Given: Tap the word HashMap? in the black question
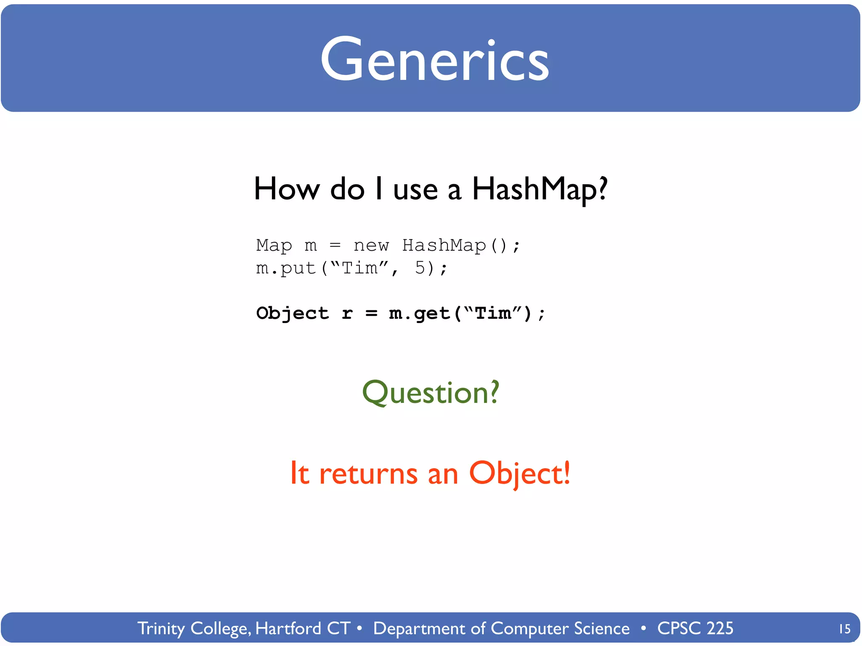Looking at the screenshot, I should (x=540, y=189).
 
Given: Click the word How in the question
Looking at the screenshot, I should (x=287, y=189).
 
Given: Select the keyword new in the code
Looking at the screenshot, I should (x=371, y=245).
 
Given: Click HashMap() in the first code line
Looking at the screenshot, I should (x=455, y=245).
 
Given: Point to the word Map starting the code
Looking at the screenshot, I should (x=274, y=245).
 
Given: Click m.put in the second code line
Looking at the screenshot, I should (x=286, y=268).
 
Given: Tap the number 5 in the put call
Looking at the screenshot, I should (x=420, y=268).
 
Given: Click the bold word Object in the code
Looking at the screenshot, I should (x=293, y=313).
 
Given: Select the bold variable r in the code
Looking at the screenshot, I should (x=347, y=314).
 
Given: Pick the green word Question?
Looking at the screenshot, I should (x=431, y=392).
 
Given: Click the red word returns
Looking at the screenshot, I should (x=368, y=474).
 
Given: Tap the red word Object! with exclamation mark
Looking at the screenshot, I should (x=519, y=474).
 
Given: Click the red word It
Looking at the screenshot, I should (x=300, y=474).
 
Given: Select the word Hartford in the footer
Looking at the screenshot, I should (x=288, y=628).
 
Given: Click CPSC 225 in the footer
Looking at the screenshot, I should (x=695, y=628).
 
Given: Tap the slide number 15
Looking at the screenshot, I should (x=844, y=629).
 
